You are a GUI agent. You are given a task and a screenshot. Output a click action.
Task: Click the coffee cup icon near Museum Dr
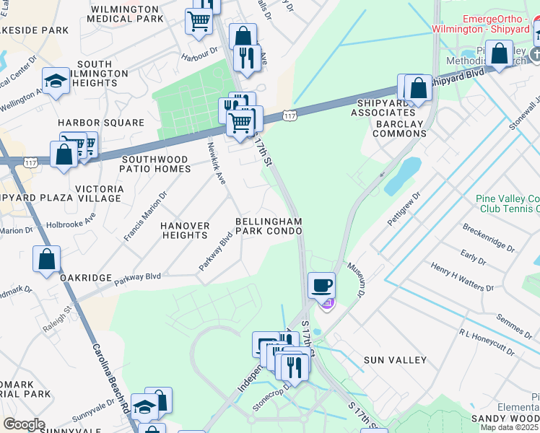coord(321,284)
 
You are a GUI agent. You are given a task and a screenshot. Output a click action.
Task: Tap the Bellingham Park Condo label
coord(267,226)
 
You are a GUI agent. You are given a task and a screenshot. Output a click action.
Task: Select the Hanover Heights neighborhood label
coord(185,230)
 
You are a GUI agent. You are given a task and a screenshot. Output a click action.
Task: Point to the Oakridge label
coord(86,278)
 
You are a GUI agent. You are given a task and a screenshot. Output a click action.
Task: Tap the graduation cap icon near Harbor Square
coord(56,82)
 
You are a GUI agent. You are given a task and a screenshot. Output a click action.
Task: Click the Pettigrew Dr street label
coord(403,209)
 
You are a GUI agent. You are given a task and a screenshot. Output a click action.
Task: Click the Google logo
coord(24,424)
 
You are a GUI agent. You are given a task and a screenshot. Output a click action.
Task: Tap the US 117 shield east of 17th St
coord(289,115)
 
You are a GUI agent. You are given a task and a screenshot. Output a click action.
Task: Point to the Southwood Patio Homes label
coord(156,164)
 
